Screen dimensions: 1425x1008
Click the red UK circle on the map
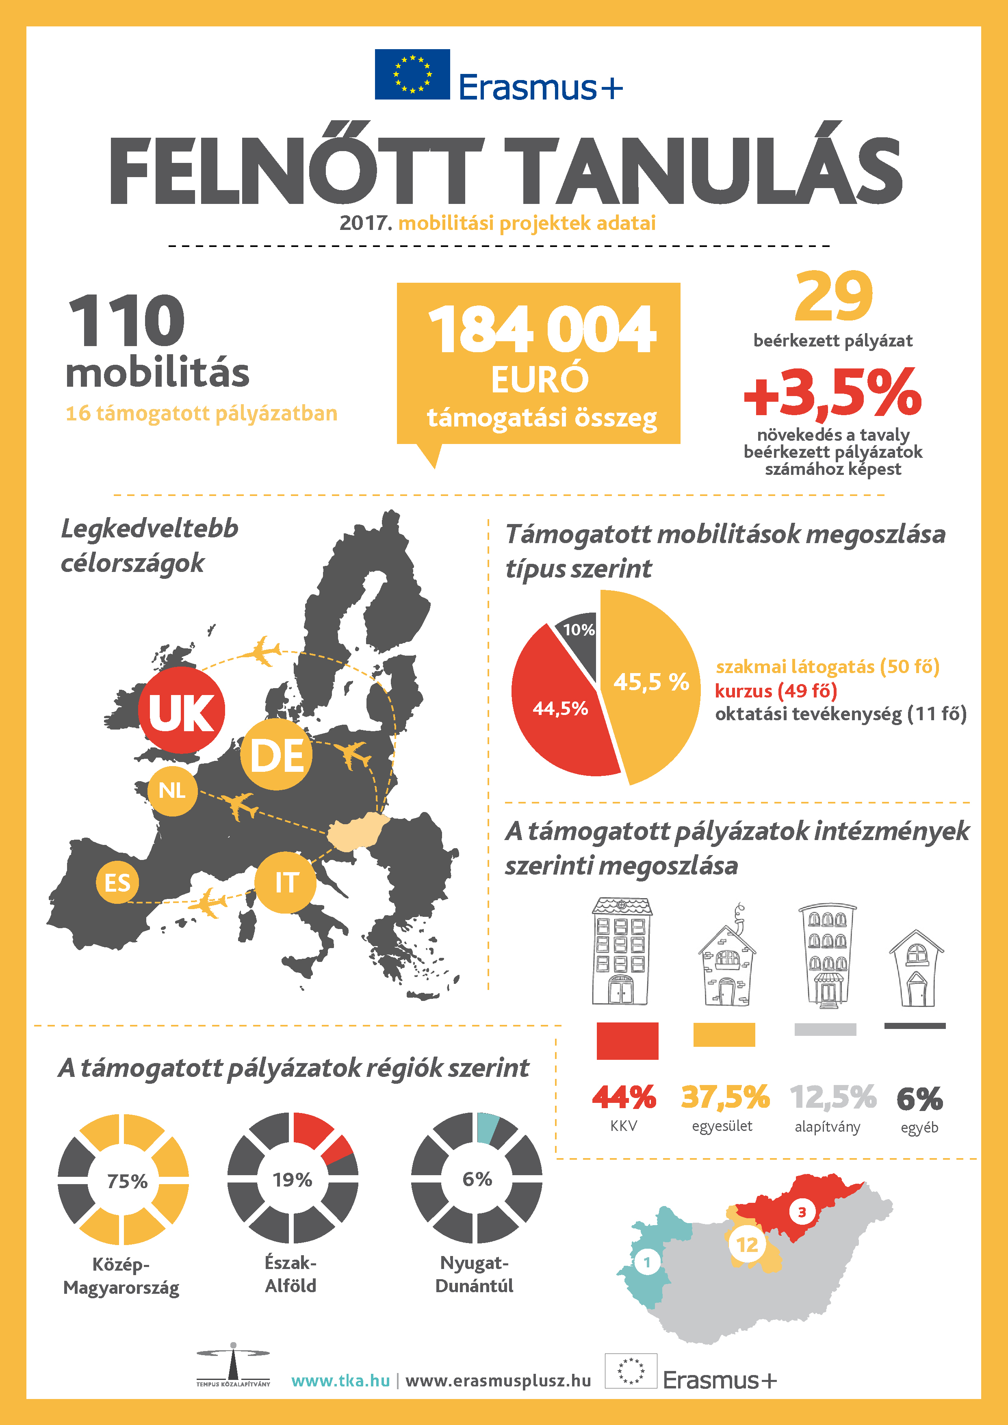[x=181, y=710]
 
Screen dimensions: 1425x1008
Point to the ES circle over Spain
[x=117, y=882]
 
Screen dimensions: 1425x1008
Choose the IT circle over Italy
[x=286, y=882]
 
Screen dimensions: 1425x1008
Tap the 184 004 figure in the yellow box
[x=541, y=329]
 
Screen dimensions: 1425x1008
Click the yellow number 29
[x=834, y=296]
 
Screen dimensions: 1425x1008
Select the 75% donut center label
[x=127, y=1180]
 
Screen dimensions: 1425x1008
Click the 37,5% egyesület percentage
[x=725, y=1097]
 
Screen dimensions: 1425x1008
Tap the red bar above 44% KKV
[x=627, y=1041]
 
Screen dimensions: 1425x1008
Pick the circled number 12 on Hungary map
[x=747, y=1244]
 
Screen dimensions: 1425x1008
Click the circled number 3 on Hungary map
[x=801, y=1211]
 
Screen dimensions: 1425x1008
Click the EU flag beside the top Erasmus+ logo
[x=412, y=74]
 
